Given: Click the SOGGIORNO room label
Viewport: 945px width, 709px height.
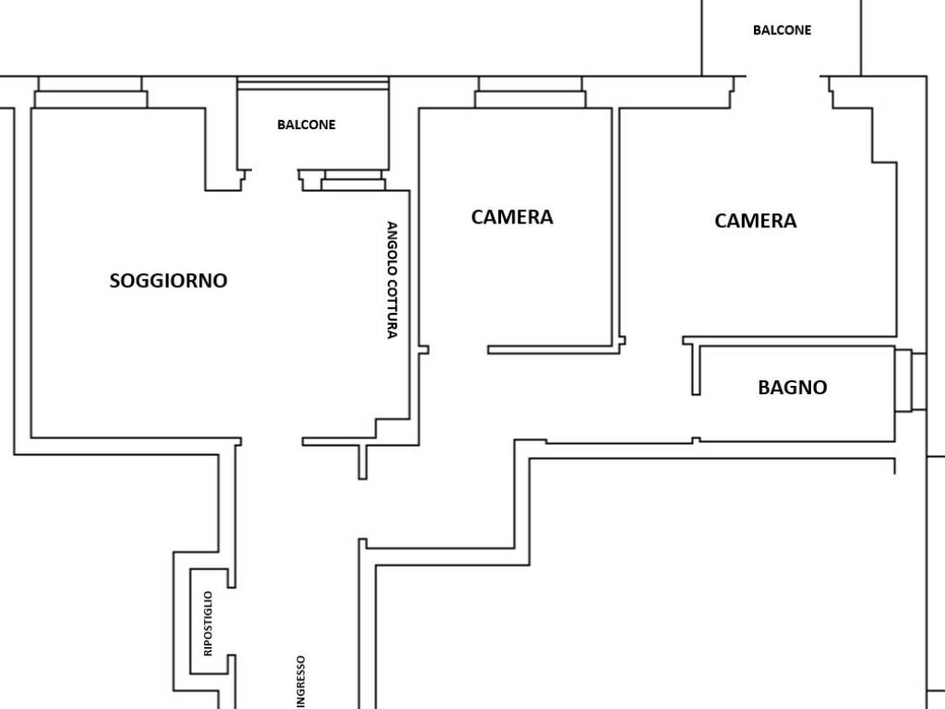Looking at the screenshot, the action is [x=168, y=281].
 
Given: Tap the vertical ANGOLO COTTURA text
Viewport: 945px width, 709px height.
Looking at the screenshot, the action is [x=391, y=281].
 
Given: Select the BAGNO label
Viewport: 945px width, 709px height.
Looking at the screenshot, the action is [x=792, y=387].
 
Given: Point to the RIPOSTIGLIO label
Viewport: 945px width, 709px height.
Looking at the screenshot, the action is [x=208, y=623].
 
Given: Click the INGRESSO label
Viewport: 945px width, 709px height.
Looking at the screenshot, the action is [x=301, y=682].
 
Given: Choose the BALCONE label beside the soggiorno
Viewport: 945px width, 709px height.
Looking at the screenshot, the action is [x=306, y=125].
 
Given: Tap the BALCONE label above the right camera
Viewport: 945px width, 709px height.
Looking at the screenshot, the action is [x=782, y=30].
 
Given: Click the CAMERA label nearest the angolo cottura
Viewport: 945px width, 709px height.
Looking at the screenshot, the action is [x=511, y=217].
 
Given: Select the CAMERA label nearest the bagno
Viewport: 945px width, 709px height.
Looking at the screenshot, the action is [x=755, y=221].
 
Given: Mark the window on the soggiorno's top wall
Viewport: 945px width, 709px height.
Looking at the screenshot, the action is [x=90, y=92].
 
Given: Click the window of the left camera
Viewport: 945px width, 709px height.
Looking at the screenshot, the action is [x=531, y=92].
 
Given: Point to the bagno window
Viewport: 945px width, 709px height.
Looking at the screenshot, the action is [x=910, y=380].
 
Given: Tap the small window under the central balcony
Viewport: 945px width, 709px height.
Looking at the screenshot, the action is [x=353, y=180].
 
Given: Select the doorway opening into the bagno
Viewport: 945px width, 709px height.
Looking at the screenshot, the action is [x=696, y=418].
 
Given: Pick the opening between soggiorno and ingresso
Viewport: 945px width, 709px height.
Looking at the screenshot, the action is [x=271, y=442].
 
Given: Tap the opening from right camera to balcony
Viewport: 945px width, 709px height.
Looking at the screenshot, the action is [x=784, y=77].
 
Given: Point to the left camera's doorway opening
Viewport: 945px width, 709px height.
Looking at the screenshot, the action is [x=458, y=350].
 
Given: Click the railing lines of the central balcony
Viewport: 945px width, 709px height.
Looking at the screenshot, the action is [x=314, y=83].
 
